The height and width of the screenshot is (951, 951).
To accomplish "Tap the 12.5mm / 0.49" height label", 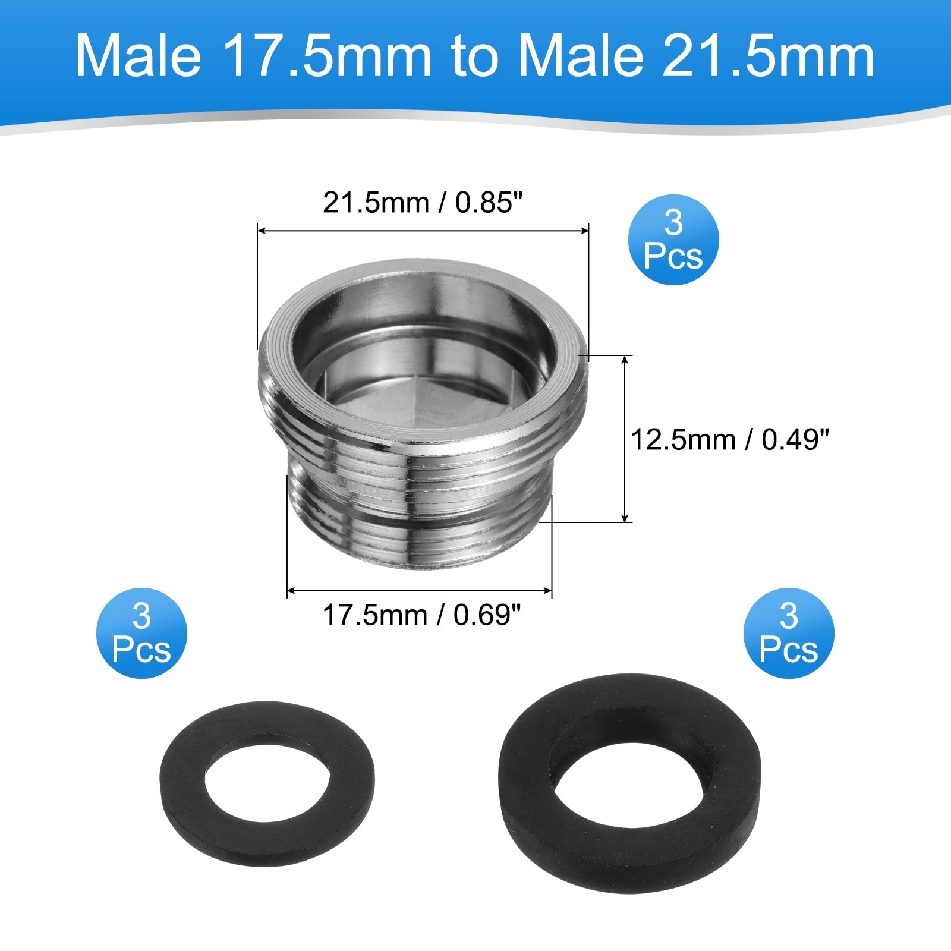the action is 729,440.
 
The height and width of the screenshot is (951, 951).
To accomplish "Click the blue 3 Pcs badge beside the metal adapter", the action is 673,240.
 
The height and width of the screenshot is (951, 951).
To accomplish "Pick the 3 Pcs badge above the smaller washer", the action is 141,633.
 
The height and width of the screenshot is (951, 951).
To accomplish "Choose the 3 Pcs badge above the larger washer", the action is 789,633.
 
